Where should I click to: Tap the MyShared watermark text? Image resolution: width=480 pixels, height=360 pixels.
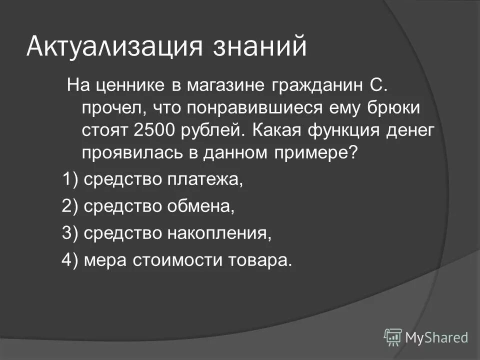[436, 337]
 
